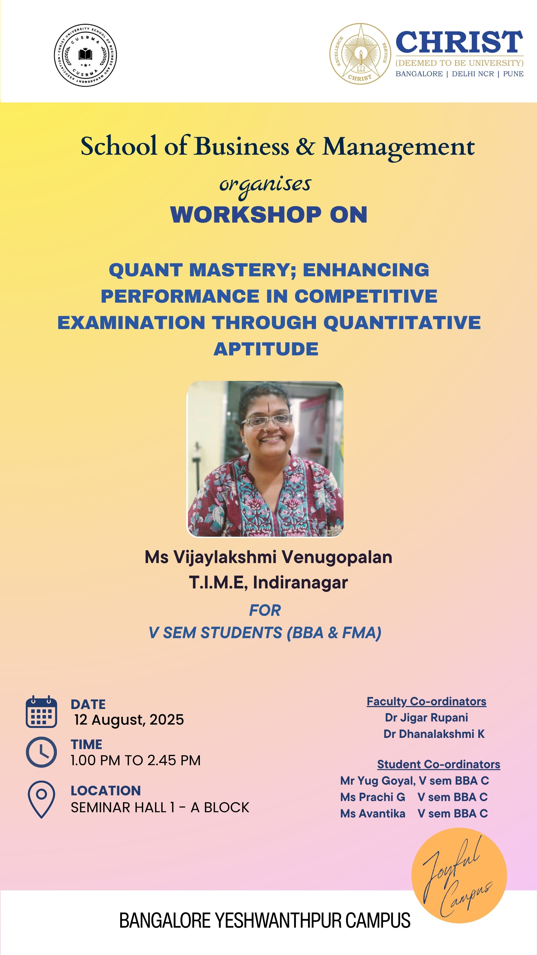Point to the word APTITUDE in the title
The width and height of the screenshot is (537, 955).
point(266,349)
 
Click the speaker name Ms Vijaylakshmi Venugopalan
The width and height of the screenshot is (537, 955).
point(268,557)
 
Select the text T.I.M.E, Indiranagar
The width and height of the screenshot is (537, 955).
point(268,582)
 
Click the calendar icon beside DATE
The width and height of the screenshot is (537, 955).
point(42,712)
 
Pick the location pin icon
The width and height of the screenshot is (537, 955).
point(42,800)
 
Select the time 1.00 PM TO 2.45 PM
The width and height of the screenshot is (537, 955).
point(136,760)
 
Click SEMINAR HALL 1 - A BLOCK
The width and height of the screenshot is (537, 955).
point(160,808)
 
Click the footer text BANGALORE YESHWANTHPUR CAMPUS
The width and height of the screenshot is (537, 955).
point(265,920)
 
